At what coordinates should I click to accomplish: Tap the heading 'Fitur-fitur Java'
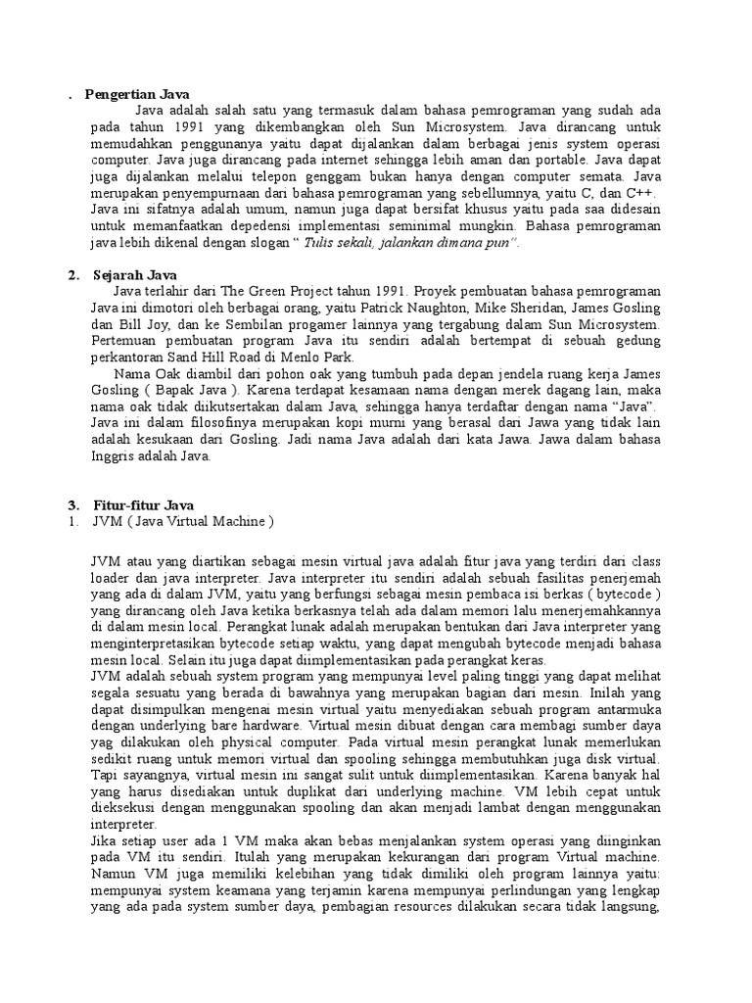tap(144, 505)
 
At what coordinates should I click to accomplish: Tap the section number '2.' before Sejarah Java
tap(74, 275)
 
